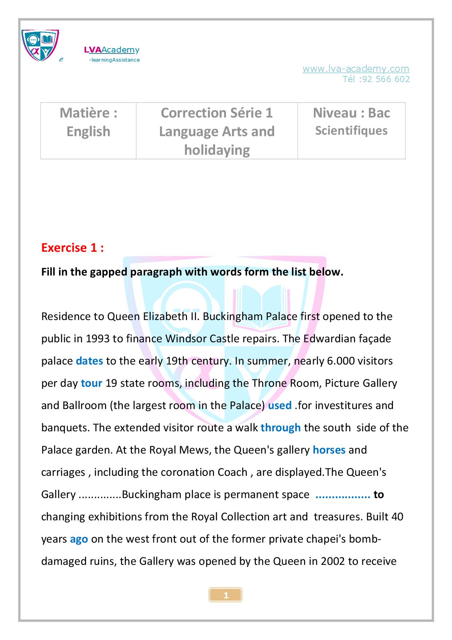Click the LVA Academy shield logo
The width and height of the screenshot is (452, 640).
tap(40, 45)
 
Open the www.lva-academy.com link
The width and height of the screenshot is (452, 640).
tap(355, 69)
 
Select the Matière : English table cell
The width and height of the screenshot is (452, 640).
tap(88, 122)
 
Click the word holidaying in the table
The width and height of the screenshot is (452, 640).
tap(217, 150)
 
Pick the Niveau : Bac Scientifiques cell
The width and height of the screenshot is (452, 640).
tap(351, 122)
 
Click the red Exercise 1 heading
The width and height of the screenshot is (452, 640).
tap(73, 248)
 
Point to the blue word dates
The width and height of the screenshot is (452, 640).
tap(89, 361)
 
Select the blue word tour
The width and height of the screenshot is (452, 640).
tap(91, 383)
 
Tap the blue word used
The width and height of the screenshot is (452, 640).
tap(280, 405)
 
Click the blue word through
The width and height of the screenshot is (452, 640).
tap(280, 428)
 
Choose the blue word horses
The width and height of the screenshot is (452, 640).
tap(329, 450)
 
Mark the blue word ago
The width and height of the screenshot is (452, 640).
tap(79, 539)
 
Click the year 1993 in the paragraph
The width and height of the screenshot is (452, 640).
tap(98, 339)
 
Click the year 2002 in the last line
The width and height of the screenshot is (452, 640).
tap(332, 561)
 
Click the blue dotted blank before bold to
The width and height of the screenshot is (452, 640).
tap(343, 495)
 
